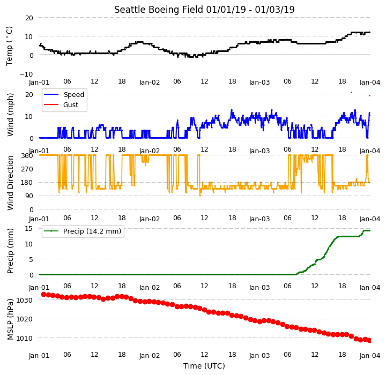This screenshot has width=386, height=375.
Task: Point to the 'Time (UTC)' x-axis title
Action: click(204, 366)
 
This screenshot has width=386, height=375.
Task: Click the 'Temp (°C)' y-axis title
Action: click(9, 46)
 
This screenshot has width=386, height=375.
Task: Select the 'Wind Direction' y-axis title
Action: click(10, 183)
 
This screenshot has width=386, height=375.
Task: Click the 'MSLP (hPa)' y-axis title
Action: click(10, 319)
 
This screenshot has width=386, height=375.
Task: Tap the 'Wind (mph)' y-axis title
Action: click(10, 115)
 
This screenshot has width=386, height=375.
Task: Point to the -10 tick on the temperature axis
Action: click(26, 74)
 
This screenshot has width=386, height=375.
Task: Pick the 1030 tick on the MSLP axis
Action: click(24, 300)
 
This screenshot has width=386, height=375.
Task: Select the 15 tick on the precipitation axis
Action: click(29, 229)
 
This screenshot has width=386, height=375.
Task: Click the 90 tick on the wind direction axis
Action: click(29, 196)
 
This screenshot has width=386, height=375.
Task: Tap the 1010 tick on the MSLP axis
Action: click(24, 339)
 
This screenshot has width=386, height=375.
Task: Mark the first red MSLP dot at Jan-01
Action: click(43, 294)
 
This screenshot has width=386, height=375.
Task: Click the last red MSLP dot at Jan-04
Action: click(369, 341)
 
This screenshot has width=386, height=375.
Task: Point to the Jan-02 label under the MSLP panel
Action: click(150, 356)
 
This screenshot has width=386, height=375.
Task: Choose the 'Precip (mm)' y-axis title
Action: click(10, 251)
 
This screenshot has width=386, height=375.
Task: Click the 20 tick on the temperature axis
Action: click(29, 18)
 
